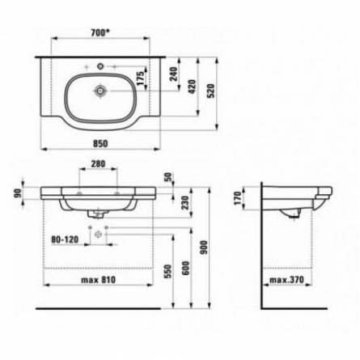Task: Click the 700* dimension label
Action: pyautogui.click(x=100, y=33)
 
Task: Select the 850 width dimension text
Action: pyautogui.click(x=100, y=143)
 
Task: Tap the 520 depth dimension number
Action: pyautogui.click(x=212, y=91)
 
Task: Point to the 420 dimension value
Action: pyautogui.click(x=192, y=87)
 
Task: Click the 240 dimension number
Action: pyautogui.click(x=174, y=74)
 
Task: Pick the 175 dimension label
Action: pyautogui.click(x=141, y=78)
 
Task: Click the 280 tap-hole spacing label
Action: pyautogui.click(x=98, y=163)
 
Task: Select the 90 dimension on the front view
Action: pyautogui.click(x=18, y=193)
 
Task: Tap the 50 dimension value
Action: pyautogui.click(x=168, y=177)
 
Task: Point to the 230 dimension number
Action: pyautogui.click(x=186, y=203)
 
